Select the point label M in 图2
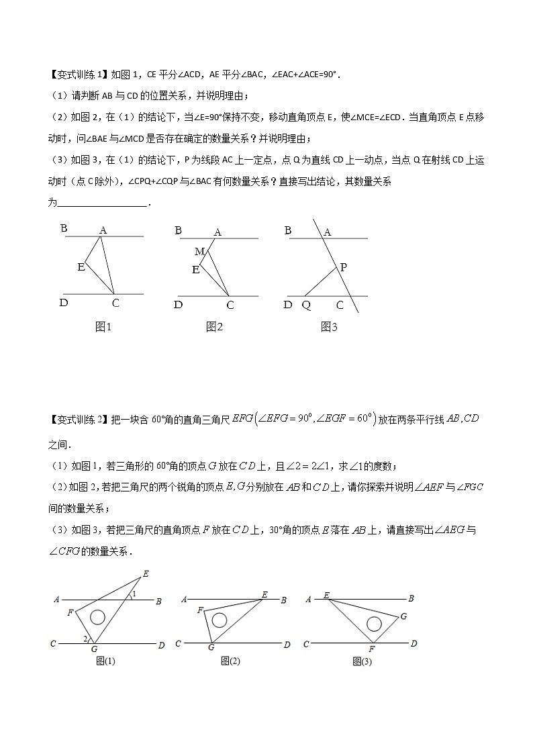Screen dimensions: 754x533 click(199, 251)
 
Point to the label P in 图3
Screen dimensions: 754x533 click(343, 267)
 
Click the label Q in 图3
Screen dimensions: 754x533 click(306, 304)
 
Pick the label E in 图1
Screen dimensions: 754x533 click(81, 267)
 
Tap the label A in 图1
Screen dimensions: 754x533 click(103, 230)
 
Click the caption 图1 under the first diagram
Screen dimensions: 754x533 click(103, 327)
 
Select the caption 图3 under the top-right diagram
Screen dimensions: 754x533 click(328, 327)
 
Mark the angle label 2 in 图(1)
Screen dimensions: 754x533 click(85, 638)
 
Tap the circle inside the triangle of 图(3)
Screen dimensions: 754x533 click(374, 624)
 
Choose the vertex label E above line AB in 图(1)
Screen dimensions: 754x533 click(146, 575)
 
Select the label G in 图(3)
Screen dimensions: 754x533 click(403, 615)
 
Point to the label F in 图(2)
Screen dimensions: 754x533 click(200, 610)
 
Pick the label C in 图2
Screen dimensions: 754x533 click(230, 304)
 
